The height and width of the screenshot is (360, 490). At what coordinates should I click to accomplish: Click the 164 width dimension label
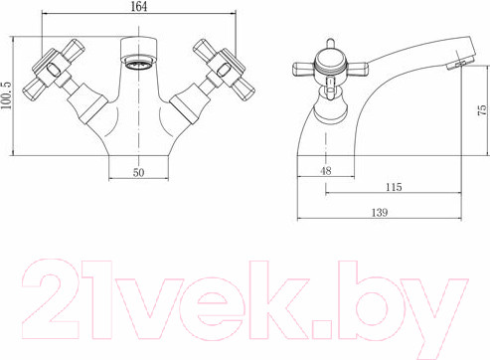139,7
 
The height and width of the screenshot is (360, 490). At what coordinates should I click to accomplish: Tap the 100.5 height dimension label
6,95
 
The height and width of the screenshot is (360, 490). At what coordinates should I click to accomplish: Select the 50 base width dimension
139,172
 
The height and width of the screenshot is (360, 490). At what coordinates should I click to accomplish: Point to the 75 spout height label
483,109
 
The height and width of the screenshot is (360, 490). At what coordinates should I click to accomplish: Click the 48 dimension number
326,171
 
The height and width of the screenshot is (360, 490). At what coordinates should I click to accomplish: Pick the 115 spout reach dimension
394,187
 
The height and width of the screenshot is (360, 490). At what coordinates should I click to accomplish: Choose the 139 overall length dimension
380,212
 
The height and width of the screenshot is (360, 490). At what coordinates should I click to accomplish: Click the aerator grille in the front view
138,64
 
